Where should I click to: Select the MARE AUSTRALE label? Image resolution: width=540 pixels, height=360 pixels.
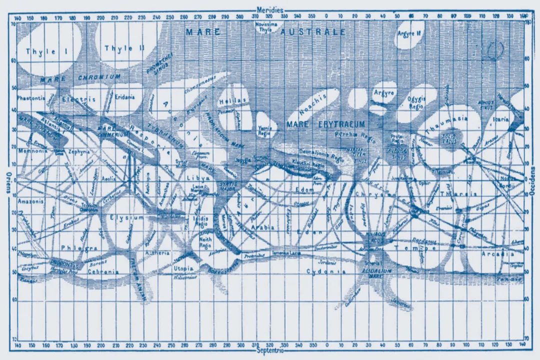coord(265,32)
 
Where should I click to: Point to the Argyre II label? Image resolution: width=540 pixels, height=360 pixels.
coord(409,34)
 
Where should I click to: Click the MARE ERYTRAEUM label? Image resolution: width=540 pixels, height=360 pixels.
coord(326,123)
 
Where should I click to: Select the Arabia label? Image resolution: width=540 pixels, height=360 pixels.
coord(262,227)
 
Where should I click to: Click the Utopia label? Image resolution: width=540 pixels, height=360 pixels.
coord(183,268)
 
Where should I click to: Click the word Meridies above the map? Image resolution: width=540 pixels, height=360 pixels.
coord(269,9)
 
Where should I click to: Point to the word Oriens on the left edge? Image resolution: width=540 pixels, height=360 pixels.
coord(7,180)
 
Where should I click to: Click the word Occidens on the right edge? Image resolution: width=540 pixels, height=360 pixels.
coord(532,180)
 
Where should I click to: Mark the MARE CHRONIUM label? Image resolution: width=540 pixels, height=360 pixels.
coord(80,78)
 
